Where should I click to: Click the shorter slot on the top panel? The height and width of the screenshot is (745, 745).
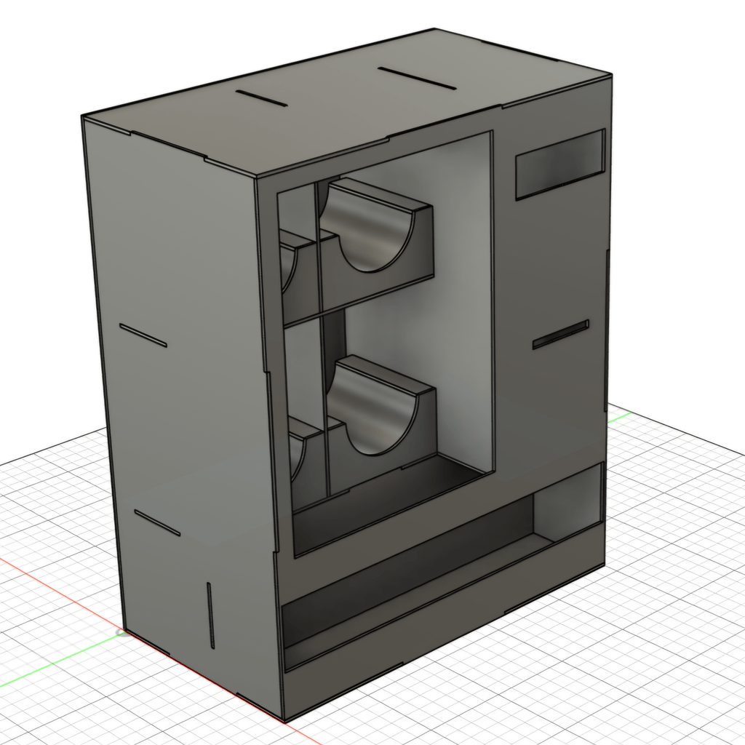click(x=261, y=99)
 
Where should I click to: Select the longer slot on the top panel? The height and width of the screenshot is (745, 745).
click(x=417, y=79)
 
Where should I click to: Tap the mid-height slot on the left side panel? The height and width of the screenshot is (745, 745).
click(x=143, y=335)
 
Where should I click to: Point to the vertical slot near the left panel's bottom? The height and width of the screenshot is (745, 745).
click(x=211, y=615)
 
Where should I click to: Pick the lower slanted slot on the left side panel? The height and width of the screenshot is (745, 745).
click(x=157, y=522)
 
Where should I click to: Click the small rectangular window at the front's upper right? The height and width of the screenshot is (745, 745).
click(x=559, y=165)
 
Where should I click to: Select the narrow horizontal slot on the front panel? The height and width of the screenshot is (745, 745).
click(x=560, y=335)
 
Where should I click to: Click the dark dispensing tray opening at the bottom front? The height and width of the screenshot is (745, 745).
click(x=407, y=575)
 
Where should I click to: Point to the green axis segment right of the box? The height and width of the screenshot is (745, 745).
click(x=618, y=417)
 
